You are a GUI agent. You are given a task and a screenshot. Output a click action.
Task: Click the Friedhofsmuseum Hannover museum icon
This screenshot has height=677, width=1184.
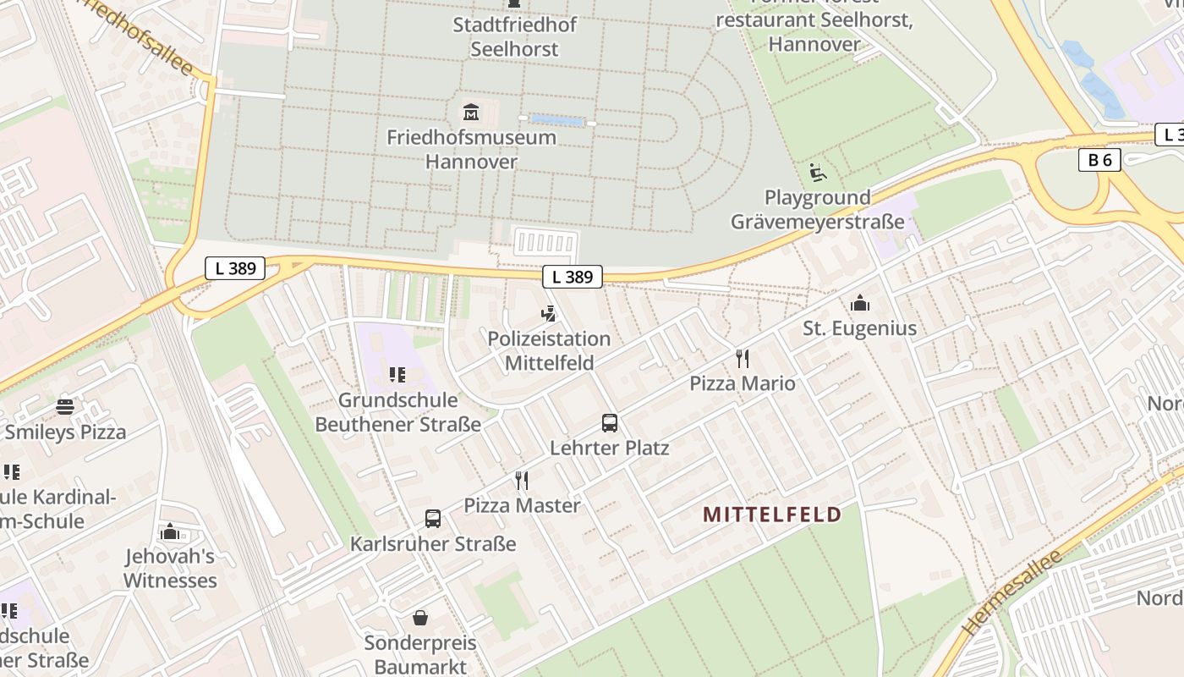[471, 111]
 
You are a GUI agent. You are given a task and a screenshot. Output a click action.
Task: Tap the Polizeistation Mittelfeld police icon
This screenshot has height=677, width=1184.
[549, 314]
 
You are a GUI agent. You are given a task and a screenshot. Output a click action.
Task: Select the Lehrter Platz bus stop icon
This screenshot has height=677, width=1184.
[610, 422]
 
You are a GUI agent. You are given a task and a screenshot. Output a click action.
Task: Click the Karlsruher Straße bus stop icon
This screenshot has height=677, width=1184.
[433, 518]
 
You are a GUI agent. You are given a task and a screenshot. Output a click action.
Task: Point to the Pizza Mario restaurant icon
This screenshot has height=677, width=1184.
[743, 359]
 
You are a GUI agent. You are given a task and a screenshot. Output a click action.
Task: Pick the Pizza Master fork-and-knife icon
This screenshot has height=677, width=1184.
[522, 481]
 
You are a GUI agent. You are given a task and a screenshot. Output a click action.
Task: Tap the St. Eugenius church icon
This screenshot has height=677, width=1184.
[860, 303]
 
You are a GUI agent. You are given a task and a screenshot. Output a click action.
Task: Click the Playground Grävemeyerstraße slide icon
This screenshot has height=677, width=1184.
[817, 173]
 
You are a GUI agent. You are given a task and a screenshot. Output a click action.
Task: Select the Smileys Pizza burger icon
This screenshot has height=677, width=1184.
[65, 407]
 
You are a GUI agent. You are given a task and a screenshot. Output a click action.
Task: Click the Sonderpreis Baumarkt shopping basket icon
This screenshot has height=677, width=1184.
[420, 619]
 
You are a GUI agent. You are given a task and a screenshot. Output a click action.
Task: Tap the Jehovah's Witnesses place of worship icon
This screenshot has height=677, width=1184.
[170, 531]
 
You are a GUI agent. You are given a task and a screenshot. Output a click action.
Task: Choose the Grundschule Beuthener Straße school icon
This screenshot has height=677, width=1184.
[397, 375]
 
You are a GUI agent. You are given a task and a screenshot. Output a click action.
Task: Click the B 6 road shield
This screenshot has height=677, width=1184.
[1099, 160]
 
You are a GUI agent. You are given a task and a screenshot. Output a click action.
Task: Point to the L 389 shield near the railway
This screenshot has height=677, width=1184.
[235, 269]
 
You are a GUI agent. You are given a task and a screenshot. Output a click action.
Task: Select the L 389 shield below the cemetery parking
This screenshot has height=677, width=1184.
[573, 276]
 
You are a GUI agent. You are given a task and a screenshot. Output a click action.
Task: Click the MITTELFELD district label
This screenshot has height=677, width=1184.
[772, 515]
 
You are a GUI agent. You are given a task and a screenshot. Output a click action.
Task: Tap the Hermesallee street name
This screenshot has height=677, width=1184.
[1011, 593]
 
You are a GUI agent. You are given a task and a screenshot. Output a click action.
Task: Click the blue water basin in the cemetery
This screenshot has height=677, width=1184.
[557, 121]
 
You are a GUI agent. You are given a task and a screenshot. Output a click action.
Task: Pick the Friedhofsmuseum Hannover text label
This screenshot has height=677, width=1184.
[472, 149]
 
